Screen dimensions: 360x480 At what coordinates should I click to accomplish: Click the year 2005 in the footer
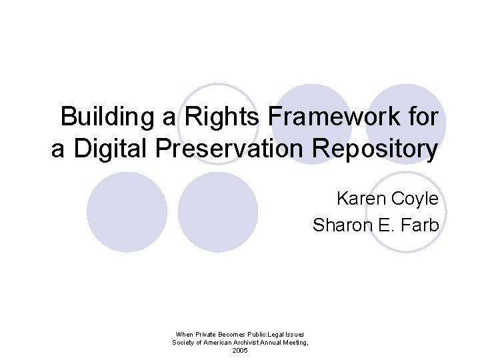pyautogui.click(x=240, y=351)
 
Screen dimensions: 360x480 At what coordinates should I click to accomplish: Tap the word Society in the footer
pyautogui.click(x=183, y=343)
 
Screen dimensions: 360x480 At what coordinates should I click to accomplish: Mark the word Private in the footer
pyautogui.click(x=206, y=334)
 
